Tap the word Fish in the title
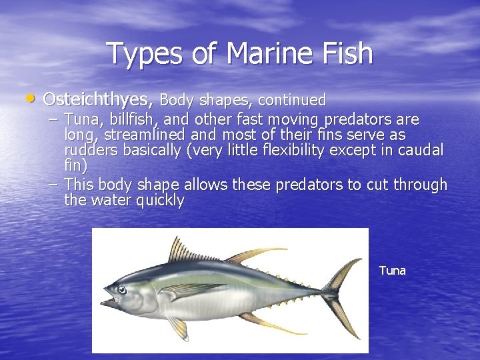347,54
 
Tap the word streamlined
139,135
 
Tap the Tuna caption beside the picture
392,271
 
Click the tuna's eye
122,289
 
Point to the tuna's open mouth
109,302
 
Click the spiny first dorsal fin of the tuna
183,253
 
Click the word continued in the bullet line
291,101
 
